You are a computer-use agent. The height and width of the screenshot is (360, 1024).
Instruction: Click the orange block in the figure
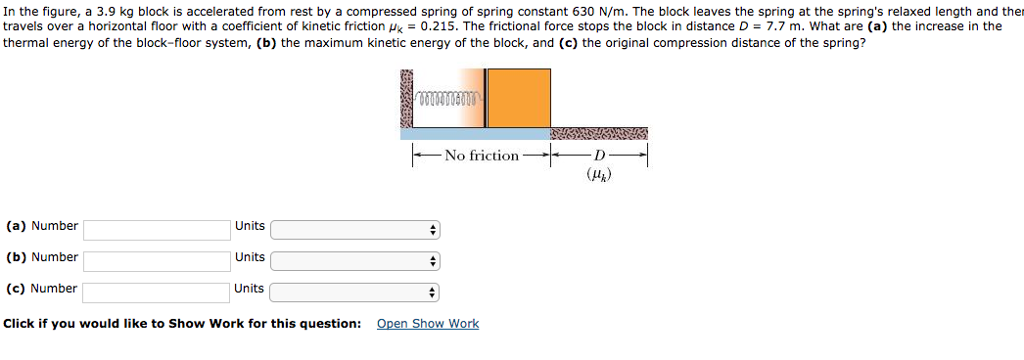(x=519, y=98)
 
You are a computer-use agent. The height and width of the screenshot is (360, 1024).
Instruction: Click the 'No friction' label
(x=482, y=155)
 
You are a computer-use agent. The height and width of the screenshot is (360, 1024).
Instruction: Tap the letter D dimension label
(x=599, y=155)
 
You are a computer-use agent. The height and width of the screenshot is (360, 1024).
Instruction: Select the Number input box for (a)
(x=157, y=230)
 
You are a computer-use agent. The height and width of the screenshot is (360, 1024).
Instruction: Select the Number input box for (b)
(x=157, y=261)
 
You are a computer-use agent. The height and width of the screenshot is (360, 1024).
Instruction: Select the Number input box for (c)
(x=157, y=292)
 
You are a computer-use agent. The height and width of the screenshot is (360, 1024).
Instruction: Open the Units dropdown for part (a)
(x=355, y=230)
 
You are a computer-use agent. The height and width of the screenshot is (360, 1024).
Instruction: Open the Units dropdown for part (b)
(x=355, y=261)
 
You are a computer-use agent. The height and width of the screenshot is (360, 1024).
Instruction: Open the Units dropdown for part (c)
(x=355, y=292)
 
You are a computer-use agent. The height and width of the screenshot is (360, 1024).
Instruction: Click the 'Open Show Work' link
(x=427, y=324)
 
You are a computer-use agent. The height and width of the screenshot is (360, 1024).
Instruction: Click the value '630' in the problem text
(x=582, y=10)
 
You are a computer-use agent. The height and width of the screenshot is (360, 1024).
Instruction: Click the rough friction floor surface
(x=599, y=133)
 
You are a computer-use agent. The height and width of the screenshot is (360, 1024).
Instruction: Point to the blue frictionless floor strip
(x=475, y=133)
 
